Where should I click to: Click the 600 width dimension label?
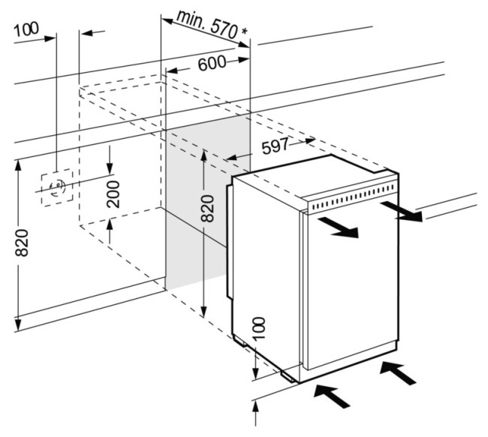[x=212, y=65]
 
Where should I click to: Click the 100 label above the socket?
[x=26, y=29]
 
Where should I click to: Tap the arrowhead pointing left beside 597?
[x=233, y=158]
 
